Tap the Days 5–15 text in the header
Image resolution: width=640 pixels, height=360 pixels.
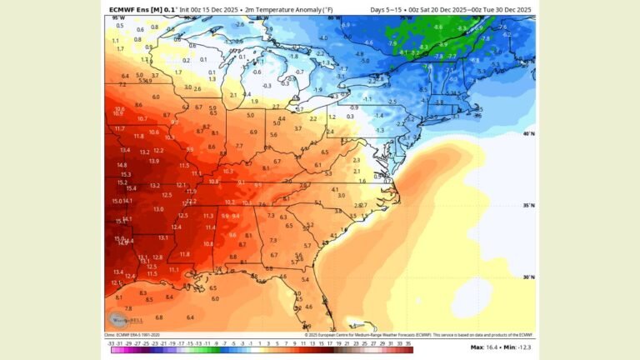388,9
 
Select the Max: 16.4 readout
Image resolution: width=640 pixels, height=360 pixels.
485,347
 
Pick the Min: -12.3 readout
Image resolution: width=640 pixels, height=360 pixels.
517,347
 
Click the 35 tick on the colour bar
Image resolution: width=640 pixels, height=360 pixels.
409,342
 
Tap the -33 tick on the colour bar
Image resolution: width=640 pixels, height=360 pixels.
111,342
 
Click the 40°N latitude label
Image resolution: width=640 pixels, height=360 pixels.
528,133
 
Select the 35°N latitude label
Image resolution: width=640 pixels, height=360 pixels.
528,205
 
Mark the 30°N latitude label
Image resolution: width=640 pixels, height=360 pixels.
528,277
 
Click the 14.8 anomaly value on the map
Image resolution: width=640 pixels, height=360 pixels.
122,165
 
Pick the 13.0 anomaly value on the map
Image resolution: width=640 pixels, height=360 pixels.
158,209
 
